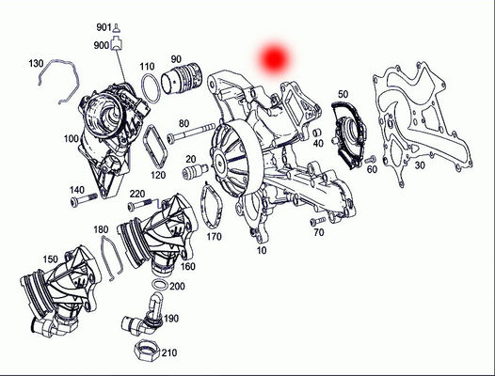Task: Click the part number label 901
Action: (x=102, y=27)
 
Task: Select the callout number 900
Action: (x=102, y=44)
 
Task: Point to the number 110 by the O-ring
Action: (x=148, y=66)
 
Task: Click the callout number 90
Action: (x=202, y=61)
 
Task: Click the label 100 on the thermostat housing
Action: (x=71, y=139)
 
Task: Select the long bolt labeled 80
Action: (x=193, y=134)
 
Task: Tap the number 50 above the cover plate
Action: (x=343, y=94)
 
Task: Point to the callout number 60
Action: (x=372, y=169)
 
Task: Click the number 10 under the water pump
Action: (x=261, y=252)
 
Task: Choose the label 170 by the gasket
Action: (x=214, y=237)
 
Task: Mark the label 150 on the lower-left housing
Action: (x=23, y=258)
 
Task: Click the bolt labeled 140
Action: (x=87, y=198)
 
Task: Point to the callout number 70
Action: (x=319, y=231)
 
